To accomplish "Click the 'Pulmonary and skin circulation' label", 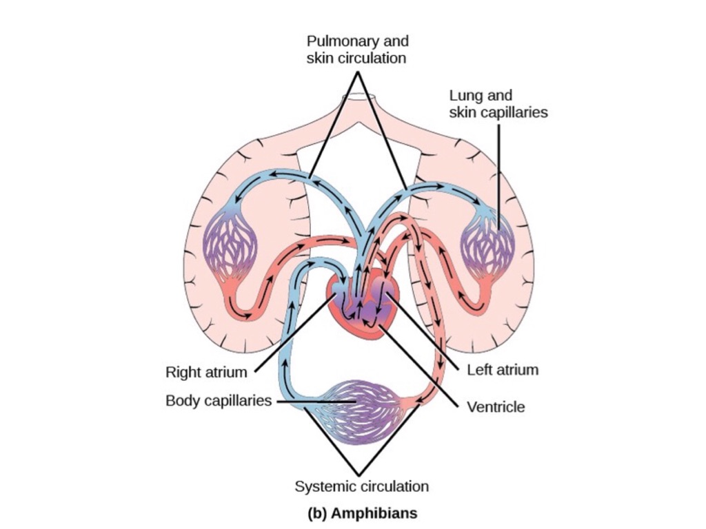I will [356, 50].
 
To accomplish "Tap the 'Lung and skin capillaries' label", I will [498, 103].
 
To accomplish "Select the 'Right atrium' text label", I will [205, 373].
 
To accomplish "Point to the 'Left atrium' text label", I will [502, 370].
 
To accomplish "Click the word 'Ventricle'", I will [495, 407].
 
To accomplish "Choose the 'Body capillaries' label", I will [218, 400].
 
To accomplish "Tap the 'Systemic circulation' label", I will [361, 486].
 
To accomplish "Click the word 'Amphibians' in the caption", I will [373, 513].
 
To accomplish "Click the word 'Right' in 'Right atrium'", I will [183, 373].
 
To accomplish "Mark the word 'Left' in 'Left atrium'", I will [479, 370].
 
